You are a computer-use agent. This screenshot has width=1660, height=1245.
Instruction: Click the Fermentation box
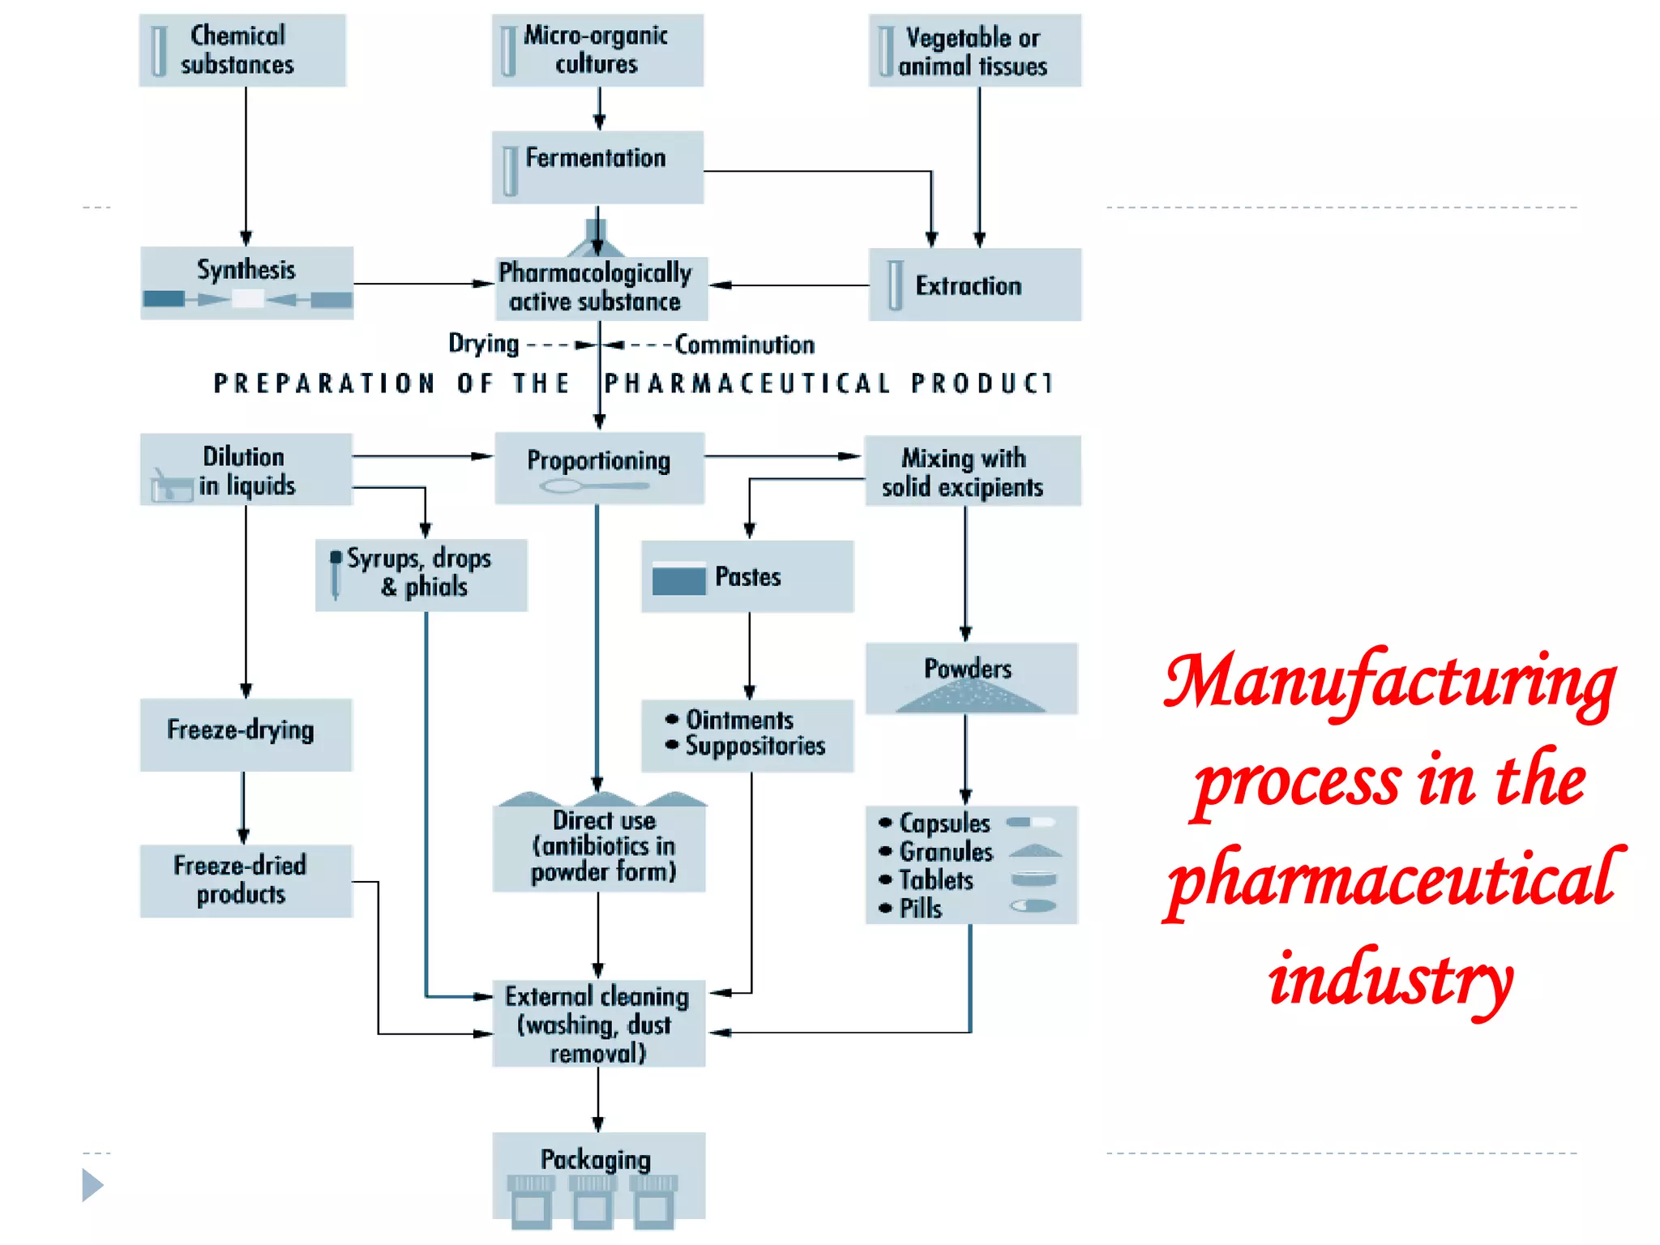[x=597, y=167]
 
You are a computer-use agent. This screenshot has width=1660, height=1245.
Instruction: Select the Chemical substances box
[x=242, y=50]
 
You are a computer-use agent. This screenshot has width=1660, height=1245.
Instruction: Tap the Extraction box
[x=974, y=285]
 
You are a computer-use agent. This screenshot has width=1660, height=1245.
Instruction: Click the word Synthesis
[x=246, y=269]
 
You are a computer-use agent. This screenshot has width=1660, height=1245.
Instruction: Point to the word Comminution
[x=744, y=344]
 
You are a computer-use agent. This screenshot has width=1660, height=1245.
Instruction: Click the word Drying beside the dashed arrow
[x=484, y=344]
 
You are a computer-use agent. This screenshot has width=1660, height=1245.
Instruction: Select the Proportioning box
[x=599, y=468]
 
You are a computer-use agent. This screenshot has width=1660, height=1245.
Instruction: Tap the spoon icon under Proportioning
[x=593, y=486]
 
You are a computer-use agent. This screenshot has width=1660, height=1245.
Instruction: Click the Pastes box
[x=747, y=576]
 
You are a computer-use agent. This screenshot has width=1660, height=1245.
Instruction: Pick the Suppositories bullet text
[x=755, y=746]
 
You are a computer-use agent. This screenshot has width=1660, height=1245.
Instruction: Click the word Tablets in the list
[x=936, y=880]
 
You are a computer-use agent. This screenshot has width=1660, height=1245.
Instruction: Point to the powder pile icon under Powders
[x=970, y=698]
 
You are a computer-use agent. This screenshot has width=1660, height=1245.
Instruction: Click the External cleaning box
[x=598, y=1023]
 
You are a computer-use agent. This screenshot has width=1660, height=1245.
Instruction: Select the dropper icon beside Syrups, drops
[x=336, y=575]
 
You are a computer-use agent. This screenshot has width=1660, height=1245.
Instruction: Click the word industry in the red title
[x=1391, y=978]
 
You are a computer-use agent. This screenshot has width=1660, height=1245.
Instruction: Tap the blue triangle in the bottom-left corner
[x=92, y=1185]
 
